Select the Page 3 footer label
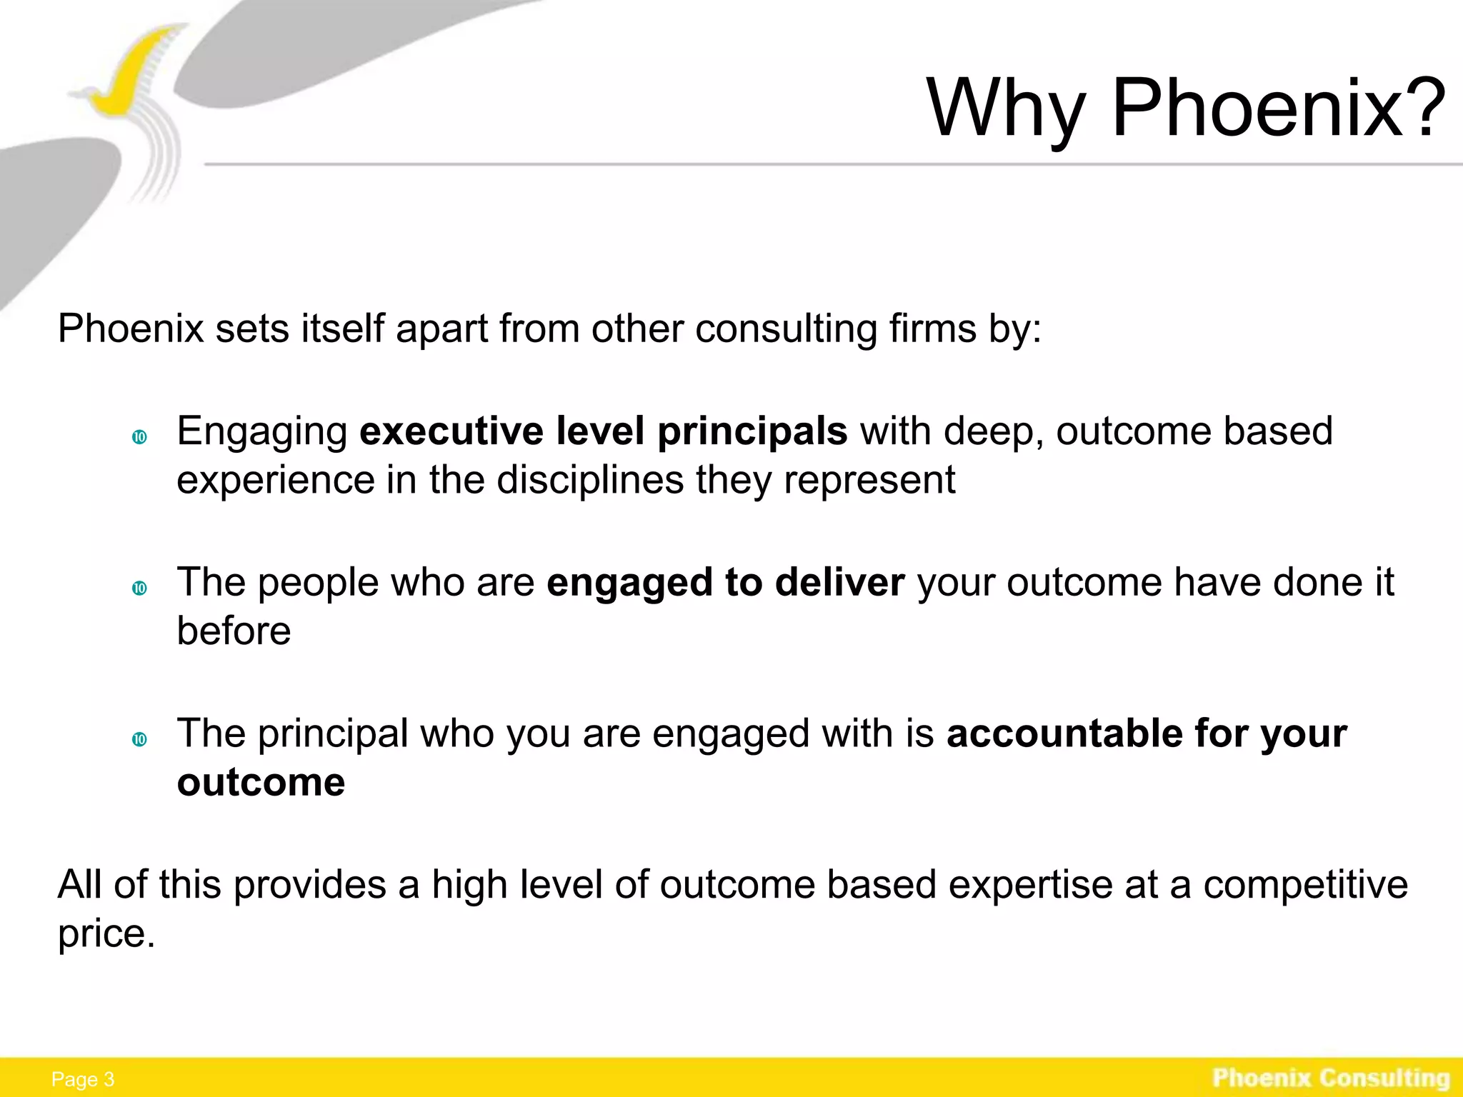(83, 1079)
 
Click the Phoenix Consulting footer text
(1331, 1077)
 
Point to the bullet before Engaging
(139, 437)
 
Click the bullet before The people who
(139, 588)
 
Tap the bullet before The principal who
(139, 739)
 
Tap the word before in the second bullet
(234, 631)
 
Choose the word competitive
(1305, 885)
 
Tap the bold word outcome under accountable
(261, 782)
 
